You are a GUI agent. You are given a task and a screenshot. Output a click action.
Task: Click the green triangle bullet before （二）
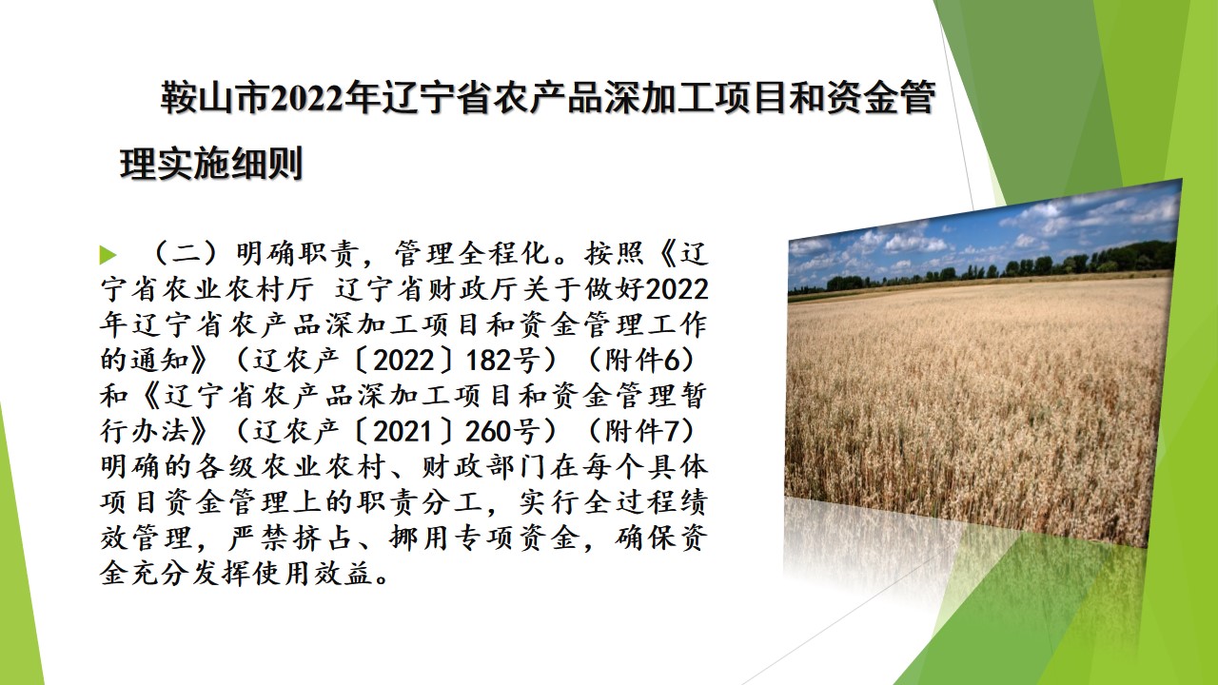108,255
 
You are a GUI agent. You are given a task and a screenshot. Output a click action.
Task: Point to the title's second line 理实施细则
211,163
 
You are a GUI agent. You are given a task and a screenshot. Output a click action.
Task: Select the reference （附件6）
642,360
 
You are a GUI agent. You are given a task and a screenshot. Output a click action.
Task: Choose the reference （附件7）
642,431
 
